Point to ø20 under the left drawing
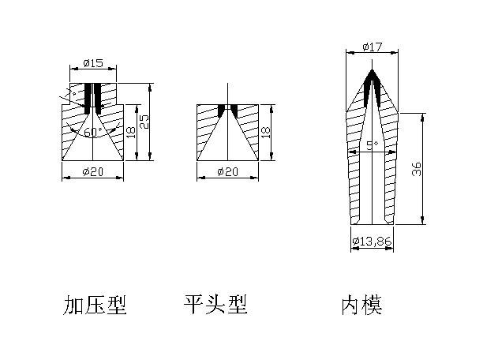pos(93,172)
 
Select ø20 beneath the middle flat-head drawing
pos(227,172)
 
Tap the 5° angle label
pos(373,146)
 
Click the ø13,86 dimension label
pos(372,240)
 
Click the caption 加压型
pos(95,305)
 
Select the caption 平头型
pos(215,305)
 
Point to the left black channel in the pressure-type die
pos(88,96)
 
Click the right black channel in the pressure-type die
pos(98,96)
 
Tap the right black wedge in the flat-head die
pos(234,109)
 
